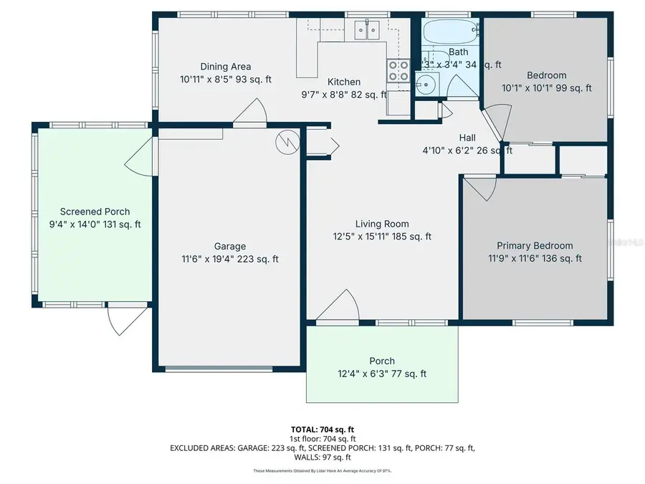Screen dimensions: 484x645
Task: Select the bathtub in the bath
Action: pyautogui.click(x=449, y=33)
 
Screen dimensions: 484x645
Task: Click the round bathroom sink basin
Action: pyautogui.click(x=426, y=84)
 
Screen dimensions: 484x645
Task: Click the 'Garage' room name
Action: pyautogui.click(x=230, y=246)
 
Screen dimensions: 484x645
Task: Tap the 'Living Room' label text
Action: pyautogui.click(x=382, y=224)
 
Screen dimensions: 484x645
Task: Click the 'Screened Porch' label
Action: pyautogui.click(x=95, y=212)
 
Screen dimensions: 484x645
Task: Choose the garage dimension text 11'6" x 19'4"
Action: pyautogui.click(x=230, y=259)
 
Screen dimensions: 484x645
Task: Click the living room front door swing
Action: pyautogui.click(x=338, y=308)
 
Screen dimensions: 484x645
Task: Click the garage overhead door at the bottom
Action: pyautogui.click(x=219, y=369)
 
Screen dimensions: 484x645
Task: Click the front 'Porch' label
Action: pyautogui.click(x=381, y=361)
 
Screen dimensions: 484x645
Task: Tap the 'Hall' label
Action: pyautogui.click(x=467, y=138)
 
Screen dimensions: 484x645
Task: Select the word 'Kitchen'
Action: pyautogui.click(x=344, y=82)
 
